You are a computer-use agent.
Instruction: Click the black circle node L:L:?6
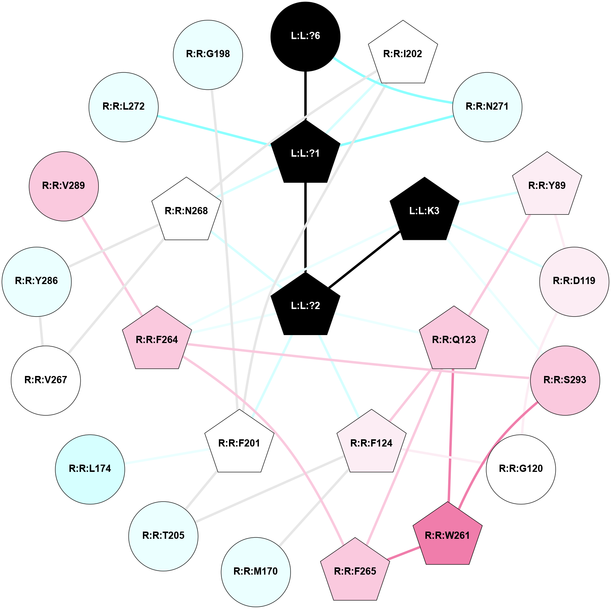coord(305,36)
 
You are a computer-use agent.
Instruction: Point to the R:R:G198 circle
coord(208,54)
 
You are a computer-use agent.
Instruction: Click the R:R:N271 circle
coord(487,107)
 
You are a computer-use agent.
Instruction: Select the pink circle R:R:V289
coord(64,186)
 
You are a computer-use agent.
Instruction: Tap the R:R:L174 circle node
coord(90,469)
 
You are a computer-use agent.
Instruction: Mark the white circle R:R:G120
coord(521,469)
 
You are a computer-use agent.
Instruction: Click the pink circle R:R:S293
coord(565,380)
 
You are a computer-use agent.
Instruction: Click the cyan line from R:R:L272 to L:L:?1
coord(213,130)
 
